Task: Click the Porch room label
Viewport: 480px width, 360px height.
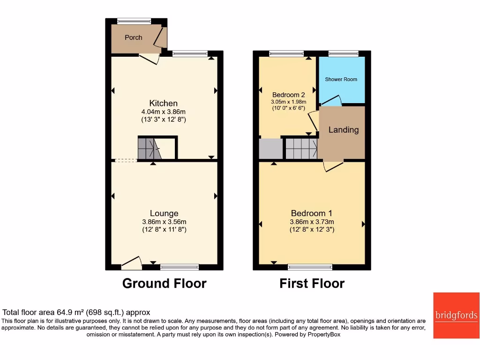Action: coord(133,37)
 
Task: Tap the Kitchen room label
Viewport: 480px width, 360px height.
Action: coord(163,103)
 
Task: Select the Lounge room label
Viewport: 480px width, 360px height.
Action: coord(164,213)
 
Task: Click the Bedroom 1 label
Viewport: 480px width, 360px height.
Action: coord(312,213)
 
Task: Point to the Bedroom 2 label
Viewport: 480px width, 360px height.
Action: coord(288,94)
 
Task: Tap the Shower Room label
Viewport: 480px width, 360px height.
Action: coord(341,79)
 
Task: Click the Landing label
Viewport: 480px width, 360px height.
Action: coord(343,130)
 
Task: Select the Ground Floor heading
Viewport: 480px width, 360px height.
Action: coord(164,284)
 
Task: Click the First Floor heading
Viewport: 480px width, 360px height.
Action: coord(312,284)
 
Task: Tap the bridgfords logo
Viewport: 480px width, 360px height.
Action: coord(456,315)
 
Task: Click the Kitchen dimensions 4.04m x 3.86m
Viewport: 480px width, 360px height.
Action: coord(164,112)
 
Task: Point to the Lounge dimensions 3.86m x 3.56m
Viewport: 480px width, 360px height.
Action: coord(164,222)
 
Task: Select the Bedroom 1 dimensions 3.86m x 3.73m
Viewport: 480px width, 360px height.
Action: coord(312,222)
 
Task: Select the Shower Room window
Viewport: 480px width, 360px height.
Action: coord(344,53)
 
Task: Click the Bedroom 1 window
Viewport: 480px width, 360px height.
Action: coord(310,267)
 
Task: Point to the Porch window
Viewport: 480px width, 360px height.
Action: coord(134,21)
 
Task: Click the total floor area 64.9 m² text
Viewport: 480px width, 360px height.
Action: coord(76,312)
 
